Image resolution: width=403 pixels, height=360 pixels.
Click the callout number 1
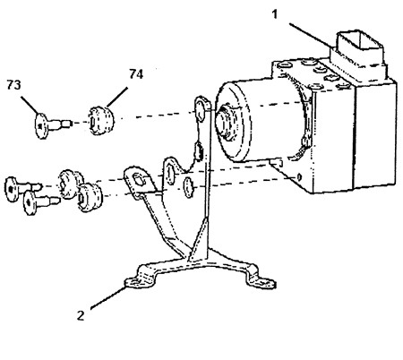(x=275, y=14)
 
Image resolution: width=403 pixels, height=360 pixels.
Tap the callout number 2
(x=81, y=315)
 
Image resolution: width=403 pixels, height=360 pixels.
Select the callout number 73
(x=14, y=85)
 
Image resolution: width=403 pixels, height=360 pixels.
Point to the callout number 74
(x=136, y=74)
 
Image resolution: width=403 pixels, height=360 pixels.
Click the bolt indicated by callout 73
(x=52, y=125)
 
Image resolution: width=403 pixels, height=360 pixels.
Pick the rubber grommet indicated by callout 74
(x=101, y=121)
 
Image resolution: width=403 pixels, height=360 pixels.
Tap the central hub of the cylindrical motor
(x=227, y=123)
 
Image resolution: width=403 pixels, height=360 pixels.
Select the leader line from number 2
(x=107, y=297)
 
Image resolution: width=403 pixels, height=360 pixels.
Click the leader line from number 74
(x=117, y=97)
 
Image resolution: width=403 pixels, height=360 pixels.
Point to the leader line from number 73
(x=30, y=105)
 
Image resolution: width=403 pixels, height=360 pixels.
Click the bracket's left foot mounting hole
(x=134, y=282)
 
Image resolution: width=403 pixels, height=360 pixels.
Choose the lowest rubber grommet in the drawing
(x=90, y=198)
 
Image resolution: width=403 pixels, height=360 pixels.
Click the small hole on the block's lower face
(x=299, y=177)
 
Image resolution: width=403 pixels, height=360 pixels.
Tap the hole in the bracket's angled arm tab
(x=138, y=179)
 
